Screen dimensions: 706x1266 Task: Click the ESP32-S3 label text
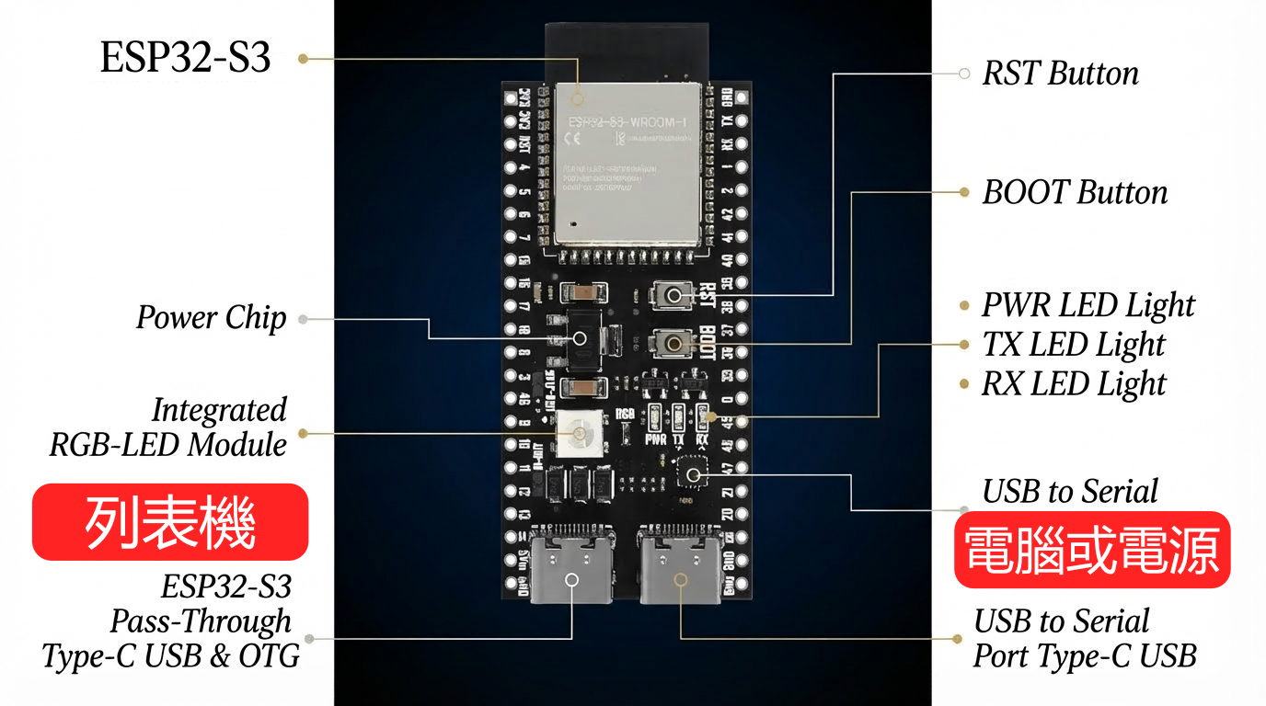[185, 58]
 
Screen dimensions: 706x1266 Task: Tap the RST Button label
[1060, 74]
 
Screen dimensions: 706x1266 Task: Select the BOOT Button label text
[1075, 192]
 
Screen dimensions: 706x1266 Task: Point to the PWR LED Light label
[1088, 305]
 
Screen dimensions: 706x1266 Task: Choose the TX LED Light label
[1073, 345]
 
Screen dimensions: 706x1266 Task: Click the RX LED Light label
[1074, 383]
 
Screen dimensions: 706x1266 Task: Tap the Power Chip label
[212, 318]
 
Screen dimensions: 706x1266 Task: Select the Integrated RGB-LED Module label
[168, 427]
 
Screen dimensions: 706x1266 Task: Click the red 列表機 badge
[170, 522]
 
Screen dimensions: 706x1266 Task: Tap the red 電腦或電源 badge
[1092, 550]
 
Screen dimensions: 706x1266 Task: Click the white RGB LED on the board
[581, 432]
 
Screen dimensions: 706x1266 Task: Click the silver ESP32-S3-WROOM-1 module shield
[629, 161]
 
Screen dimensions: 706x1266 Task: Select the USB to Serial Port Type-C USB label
[1085, 639]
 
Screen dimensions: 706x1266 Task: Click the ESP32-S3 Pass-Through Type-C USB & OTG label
[171, 621]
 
